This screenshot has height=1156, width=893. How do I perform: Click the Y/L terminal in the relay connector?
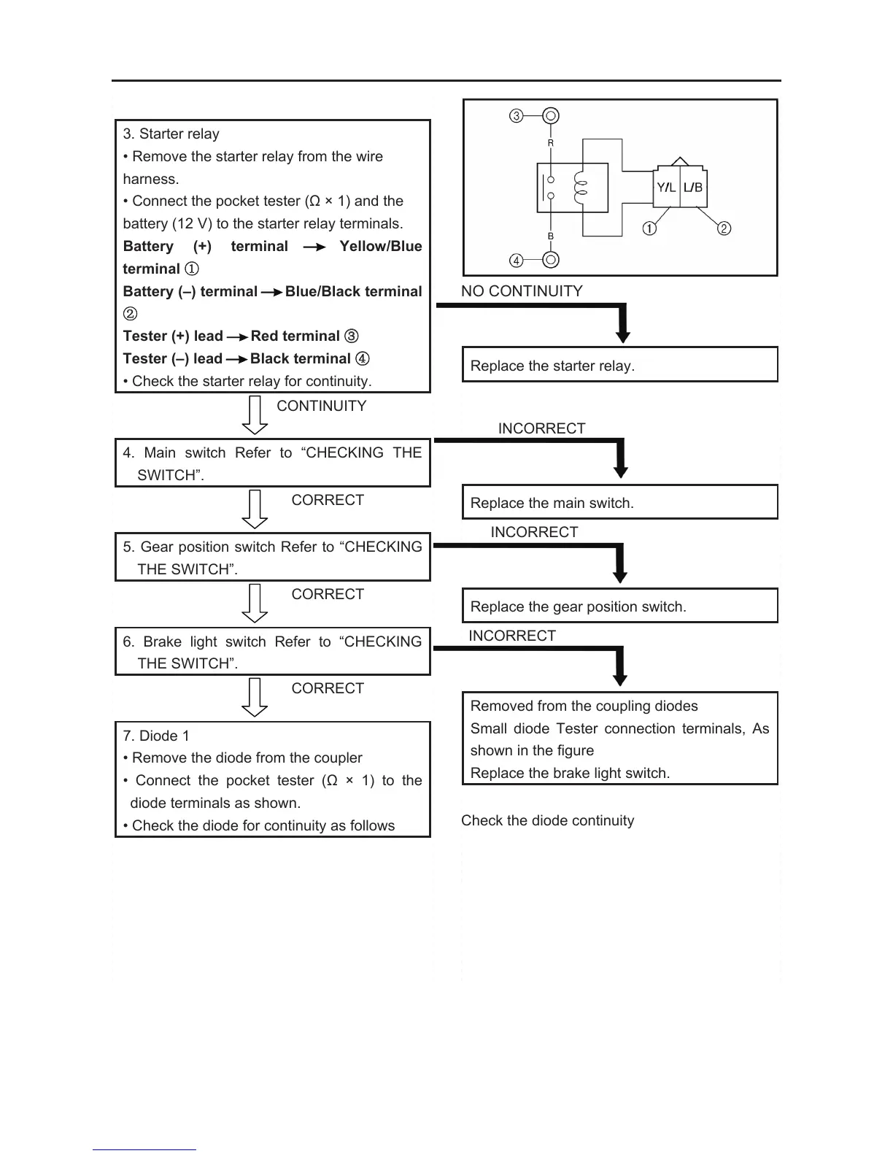(x=666, y=188)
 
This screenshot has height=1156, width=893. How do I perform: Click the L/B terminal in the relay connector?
(x=693, y=188)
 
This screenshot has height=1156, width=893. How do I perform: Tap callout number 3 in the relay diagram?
(x=516, y=116)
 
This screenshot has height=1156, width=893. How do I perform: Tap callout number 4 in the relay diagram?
(x=516, y=261)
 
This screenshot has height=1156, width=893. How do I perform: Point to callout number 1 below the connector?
(x=649, y=228)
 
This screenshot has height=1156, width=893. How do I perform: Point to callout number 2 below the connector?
(x=724, y=228)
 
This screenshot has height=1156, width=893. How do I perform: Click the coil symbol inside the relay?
(x=581, y=188)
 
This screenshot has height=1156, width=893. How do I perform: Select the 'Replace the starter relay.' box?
(x=619, y=365)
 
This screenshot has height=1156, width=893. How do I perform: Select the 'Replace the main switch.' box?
(x=619, y=502)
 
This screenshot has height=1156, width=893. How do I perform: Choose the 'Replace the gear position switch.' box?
(x=619, y=606)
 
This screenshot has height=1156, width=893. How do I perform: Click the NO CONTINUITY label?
(x=522, y=291)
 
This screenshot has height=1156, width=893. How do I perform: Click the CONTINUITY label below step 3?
(x=322, y=406)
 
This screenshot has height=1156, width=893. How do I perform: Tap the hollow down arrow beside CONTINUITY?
(x=255, y=415)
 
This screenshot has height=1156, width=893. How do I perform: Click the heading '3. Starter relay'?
(x=171, y=134)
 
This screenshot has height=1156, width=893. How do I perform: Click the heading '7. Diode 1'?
(x=155, y=736)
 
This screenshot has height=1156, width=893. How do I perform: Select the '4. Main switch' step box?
(x=272, y=463)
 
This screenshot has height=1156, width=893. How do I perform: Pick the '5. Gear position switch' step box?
(x=272, y=557)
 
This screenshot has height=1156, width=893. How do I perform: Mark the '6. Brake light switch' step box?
(x=272, y=652)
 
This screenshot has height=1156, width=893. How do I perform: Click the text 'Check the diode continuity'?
(x=547, y=820)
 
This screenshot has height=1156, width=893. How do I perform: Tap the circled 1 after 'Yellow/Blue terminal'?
(x=192, y=269)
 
